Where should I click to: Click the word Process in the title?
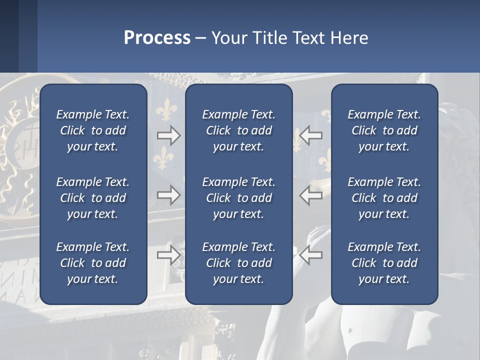(157, 38)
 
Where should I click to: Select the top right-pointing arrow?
(168, 135)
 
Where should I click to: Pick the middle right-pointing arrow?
(168, 195)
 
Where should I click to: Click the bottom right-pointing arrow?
(168, 255)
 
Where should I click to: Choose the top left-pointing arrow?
(311, 135)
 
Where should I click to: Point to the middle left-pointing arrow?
(311, 195)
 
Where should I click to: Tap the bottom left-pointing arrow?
(311, 255)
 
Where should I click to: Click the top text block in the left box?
(93, 130)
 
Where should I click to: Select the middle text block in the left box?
(93, 198)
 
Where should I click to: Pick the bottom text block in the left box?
(93, 263)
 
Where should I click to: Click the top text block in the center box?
(239, 130)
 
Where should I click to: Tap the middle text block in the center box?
(239, 198)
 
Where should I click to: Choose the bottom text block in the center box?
(239, 263)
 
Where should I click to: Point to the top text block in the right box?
(384, 130)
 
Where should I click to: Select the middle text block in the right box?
(384, 198)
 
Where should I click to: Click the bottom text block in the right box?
(384, 263)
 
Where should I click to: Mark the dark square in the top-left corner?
(9, 36)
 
